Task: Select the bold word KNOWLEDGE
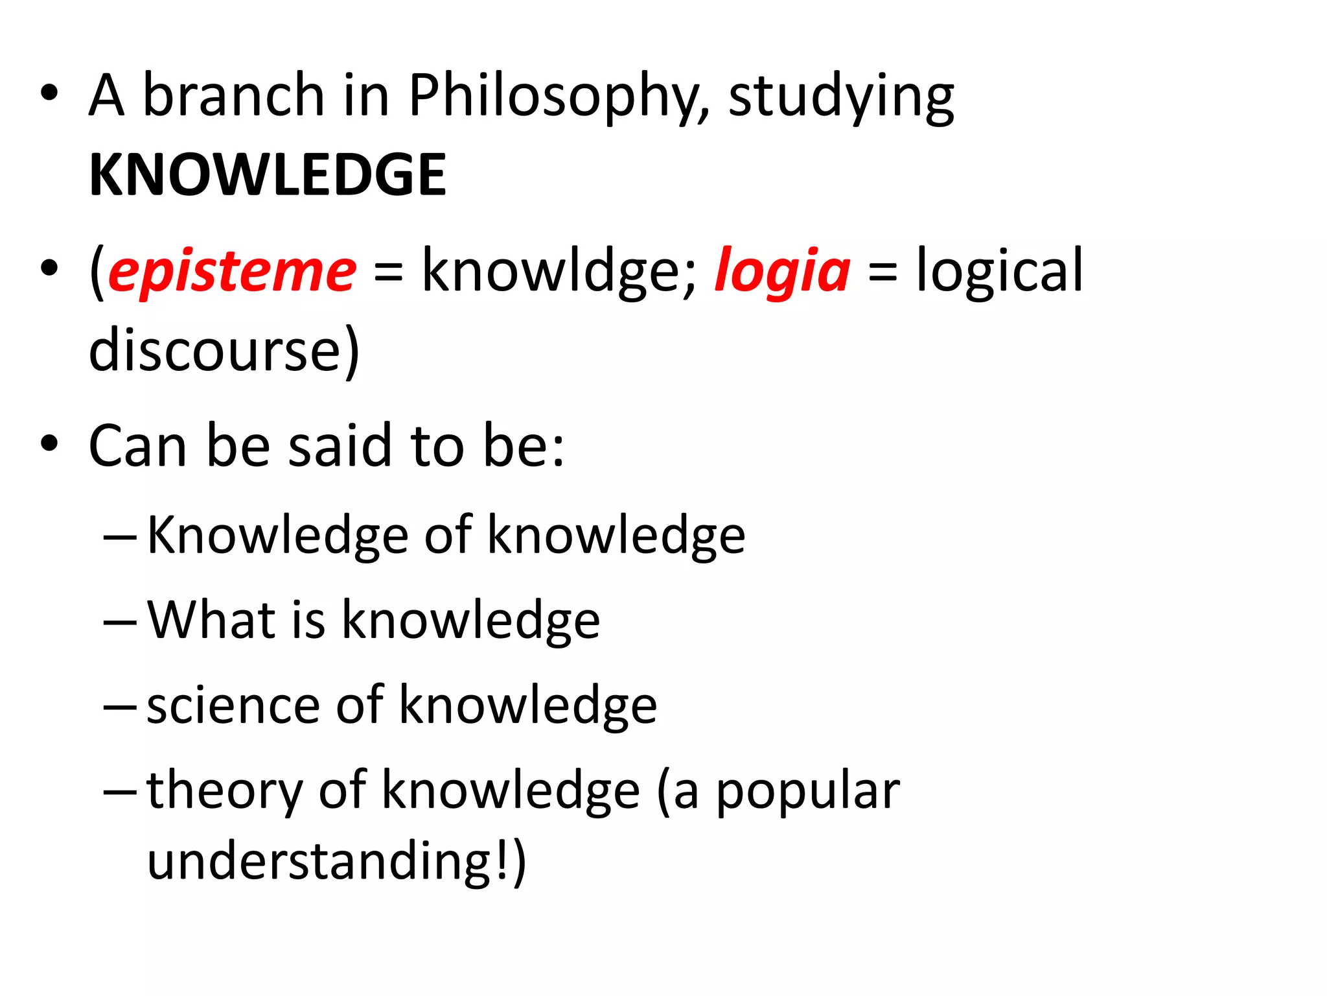tap(268, 174)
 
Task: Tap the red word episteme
tap(232, 271)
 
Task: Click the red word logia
tap(782, 271)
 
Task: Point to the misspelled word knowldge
tap(559, 271)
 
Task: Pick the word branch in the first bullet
tap(233, 96)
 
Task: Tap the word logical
tap(999, 271)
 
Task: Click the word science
tap(233, 705)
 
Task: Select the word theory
tap(224, 791)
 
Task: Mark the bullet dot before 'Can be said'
tap(49, 444)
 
